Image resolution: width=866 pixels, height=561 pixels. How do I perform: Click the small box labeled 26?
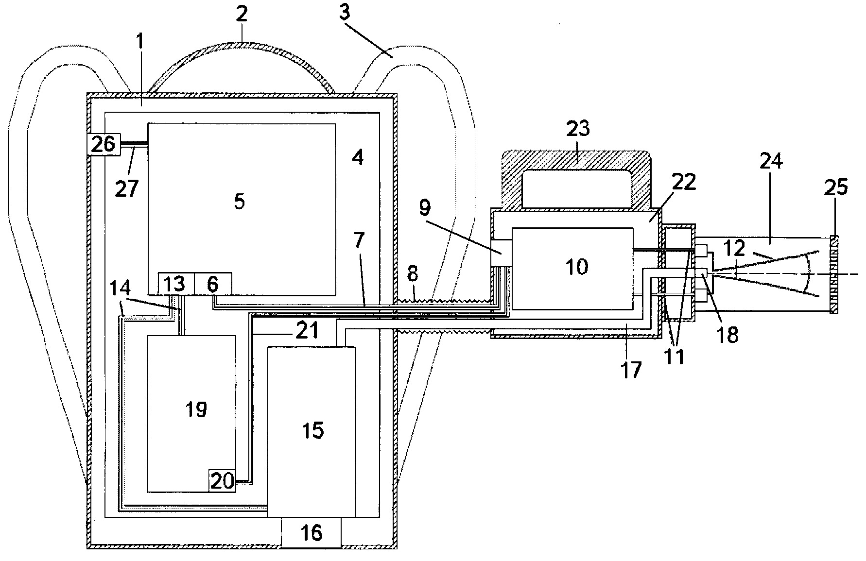(103, 144)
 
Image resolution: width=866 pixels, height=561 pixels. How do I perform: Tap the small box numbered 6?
(213, 284)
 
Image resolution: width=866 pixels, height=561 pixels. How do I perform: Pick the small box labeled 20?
(223, 481)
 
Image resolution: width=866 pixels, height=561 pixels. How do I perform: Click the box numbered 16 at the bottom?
(311, 533)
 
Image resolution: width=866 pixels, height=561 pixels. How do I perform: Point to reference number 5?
(239, 201)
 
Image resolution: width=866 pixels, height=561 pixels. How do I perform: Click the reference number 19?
(196, 409)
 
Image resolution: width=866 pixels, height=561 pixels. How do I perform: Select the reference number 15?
(312, 430)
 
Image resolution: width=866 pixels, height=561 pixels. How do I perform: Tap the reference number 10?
(577, 266)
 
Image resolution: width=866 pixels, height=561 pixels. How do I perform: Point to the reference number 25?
(836, 187)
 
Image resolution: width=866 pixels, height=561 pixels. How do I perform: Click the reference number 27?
(126, 187)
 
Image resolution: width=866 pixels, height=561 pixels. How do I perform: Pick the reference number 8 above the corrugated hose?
(412, 275)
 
